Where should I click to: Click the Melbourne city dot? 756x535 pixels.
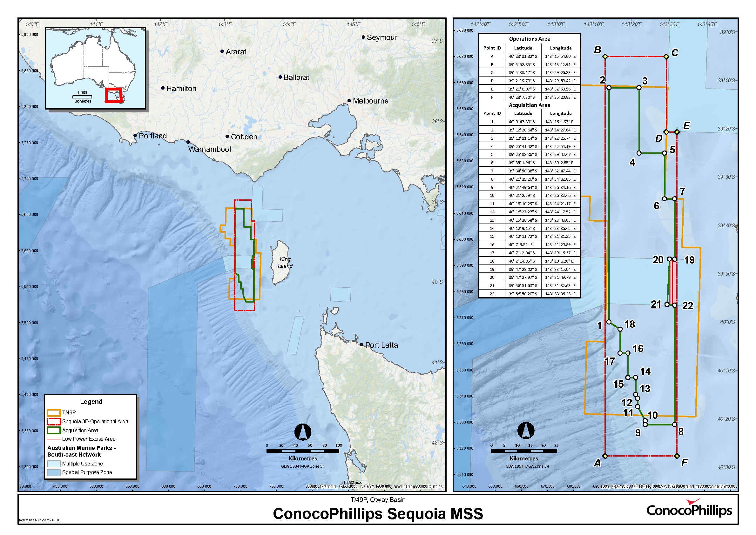click(x=349, y=101)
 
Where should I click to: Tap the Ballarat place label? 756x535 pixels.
click(x=296, y=77)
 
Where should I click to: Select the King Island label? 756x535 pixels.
click(x=285, y=263)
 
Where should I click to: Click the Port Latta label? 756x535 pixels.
click(x=381, y=345)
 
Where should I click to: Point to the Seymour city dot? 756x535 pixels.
click(x=363, y=37)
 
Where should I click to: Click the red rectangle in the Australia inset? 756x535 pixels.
click(x=113, y=95)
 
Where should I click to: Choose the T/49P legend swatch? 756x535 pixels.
click(x=53, y=412)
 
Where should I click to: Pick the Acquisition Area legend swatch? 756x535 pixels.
click(x=53, y=430)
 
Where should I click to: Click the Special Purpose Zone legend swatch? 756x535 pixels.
click(x=53, y=472)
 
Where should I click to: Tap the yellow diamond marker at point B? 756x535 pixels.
click(x=605, y=57)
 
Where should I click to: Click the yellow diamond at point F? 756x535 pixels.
click(x=677, y=456)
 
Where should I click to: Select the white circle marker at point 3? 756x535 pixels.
click(x=639, y=88)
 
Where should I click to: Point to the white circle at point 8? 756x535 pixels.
click(x=675, y=425)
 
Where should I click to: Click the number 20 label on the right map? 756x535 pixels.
click(x=658, y=260)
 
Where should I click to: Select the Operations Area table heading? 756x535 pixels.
click(x=529, y=39)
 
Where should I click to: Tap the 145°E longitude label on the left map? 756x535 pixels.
click(x=353, y=24)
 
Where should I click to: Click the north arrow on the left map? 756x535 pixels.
click(x=303, y=432)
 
